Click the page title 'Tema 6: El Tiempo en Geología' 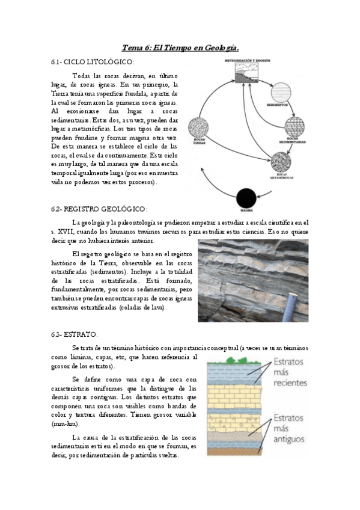pos(180,48)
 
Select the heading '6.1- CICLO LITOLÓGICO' pos(93,62)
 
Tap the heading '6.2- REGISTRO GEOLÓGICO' pos(99,209)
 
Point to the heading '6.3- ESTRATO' pos(75,334)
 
